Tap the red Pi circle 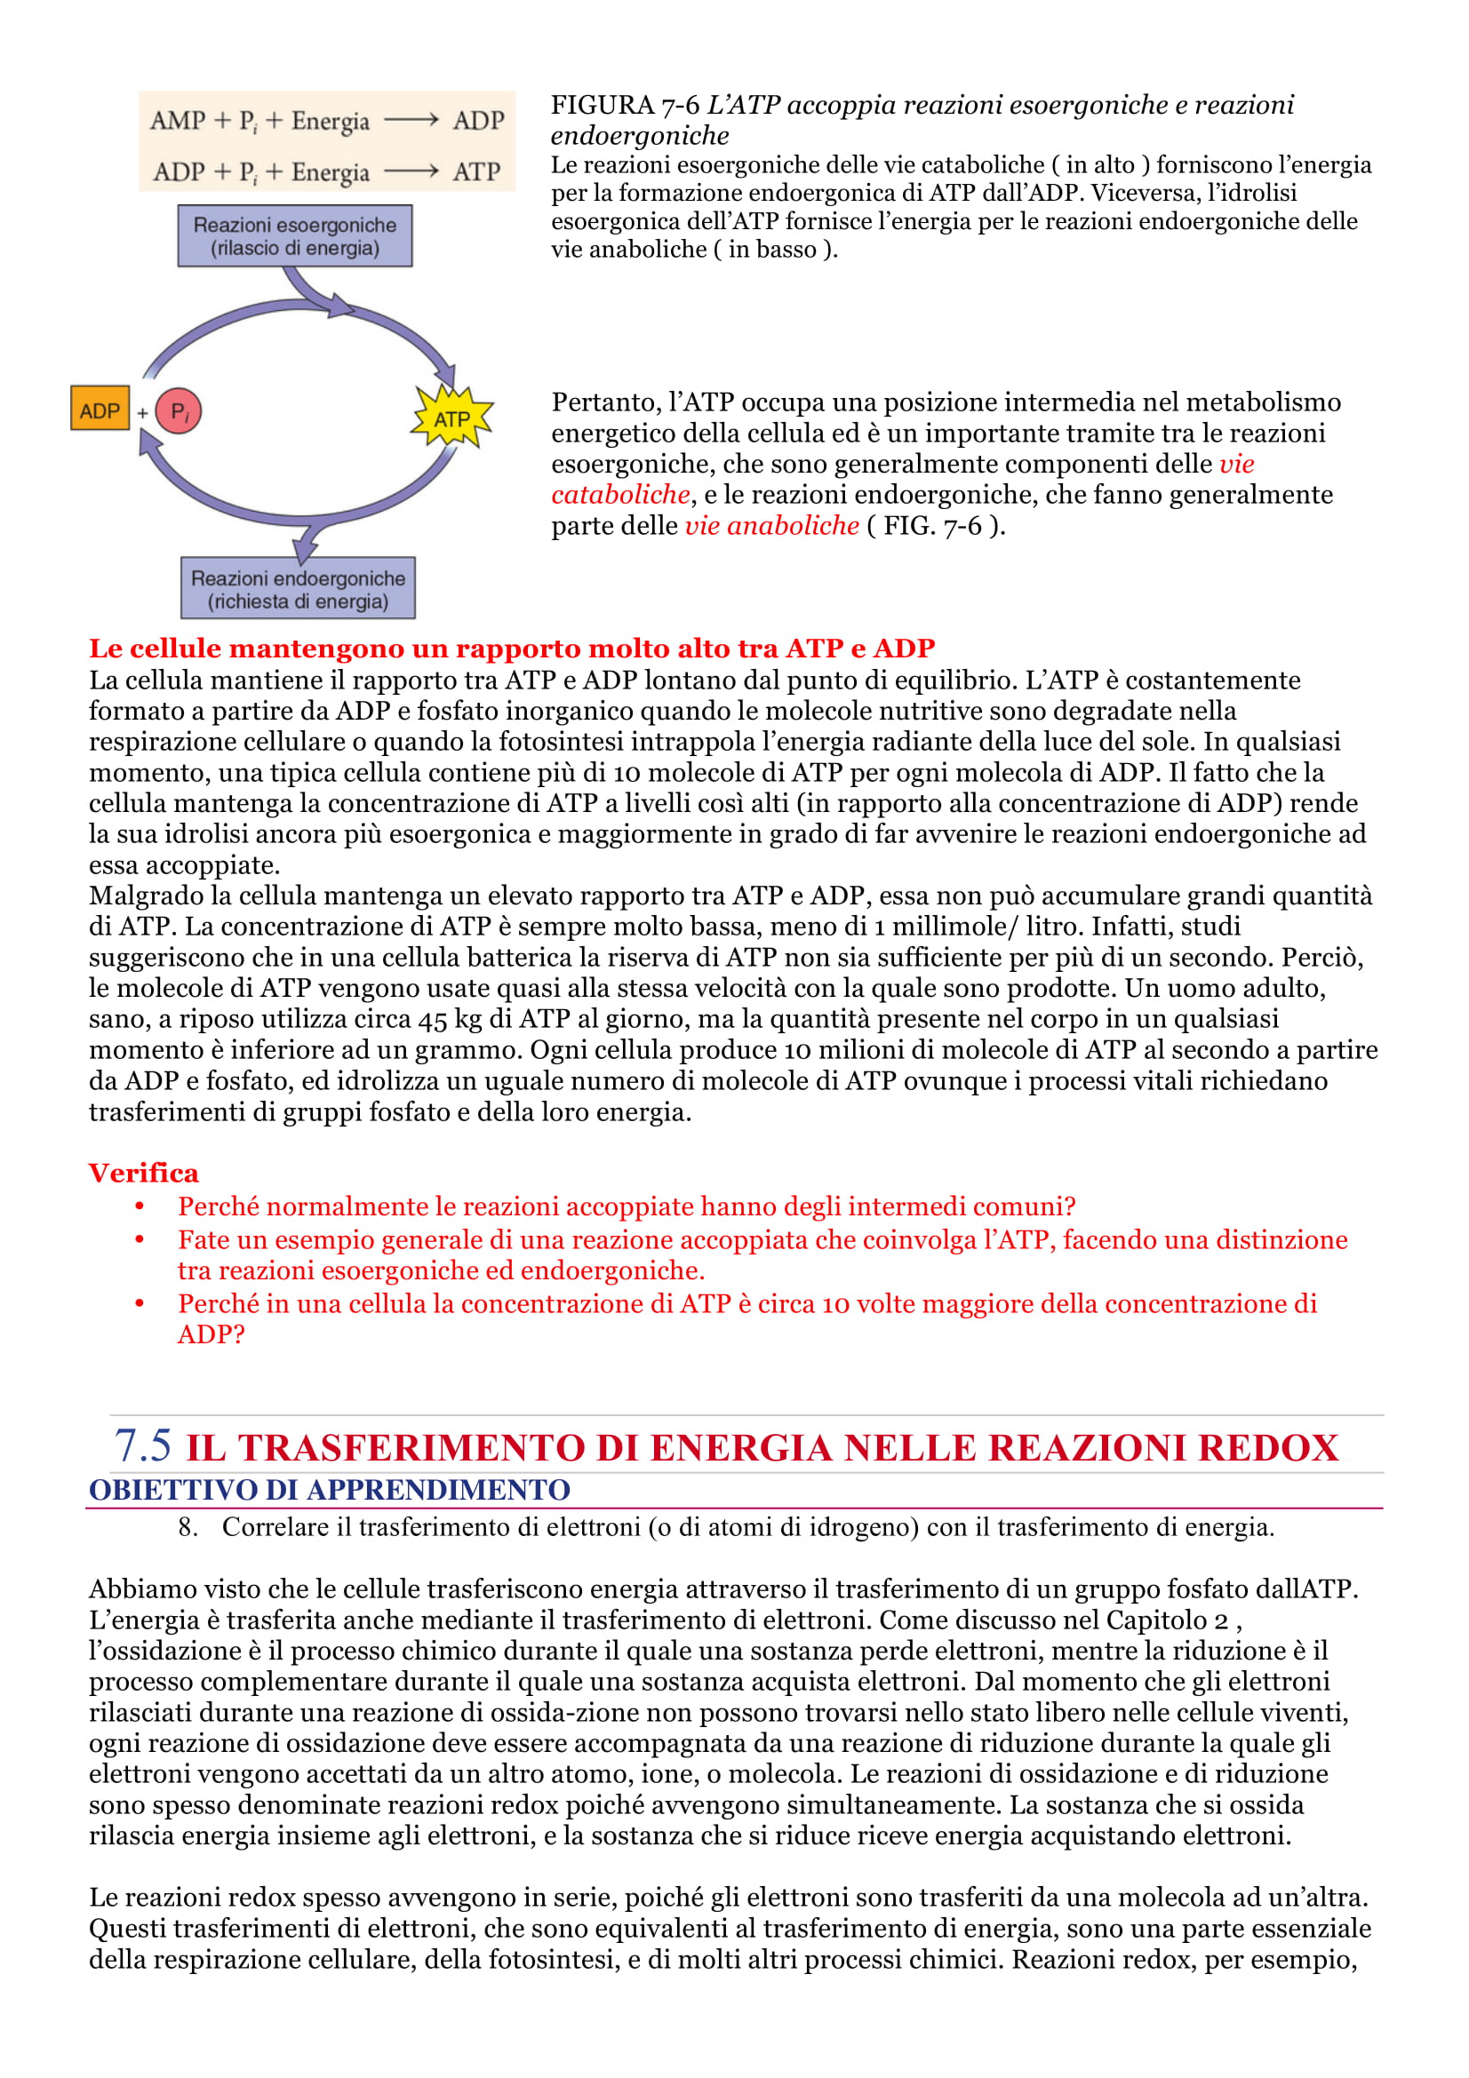[180, 412]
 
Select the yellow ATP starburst [451, 418]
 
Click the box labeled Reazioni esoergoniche [294, 236]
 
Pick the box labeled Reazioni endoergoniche [298, 589]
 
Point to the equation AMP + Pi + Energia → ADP [327, 120]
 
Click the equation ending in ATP [327, 171]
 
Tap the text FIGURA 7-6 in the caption [625, 105]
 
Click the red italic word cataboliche [620, 494]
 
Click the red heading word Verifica [143, 1173]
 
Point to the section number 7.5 [142, 1445]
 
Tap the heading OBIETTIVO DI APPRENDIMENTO [330, 1490]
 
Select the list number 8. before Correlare [188, 1528]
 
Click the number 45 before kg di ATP [433, 1019]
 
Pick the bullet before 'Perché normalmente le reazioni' [140, 1206]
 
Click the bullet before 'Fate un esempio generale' [140, 1240]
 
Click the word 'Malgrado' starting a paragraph [146, 896]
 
